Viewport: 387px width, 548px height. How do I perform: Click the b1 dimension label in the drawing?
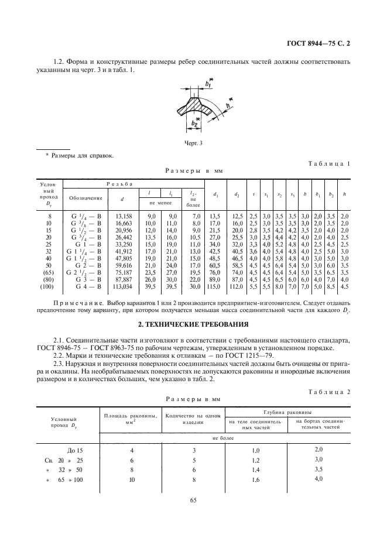208,84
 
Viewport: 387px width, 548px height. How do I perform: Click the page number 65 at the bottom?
194,516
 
